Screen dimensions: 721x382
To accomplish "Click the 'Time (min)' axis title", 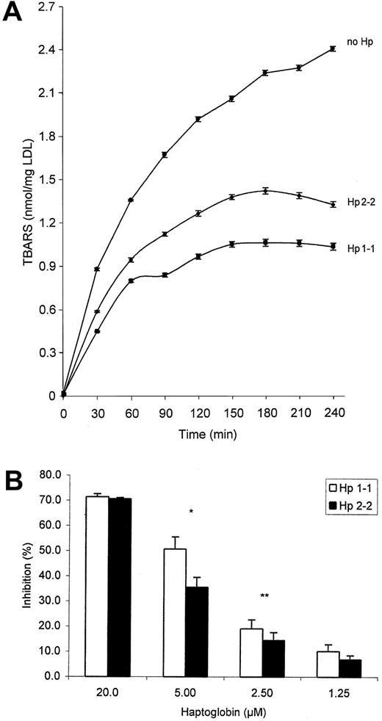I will [198, 434].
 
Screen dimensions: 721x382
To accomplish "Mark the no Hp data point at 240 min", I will [334, 48].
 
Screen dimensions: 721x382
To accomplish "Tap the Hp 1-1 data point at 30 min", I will [97, 331].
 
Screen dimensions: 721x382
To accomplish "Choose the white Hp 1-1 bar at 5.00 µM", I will [173, 612].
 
